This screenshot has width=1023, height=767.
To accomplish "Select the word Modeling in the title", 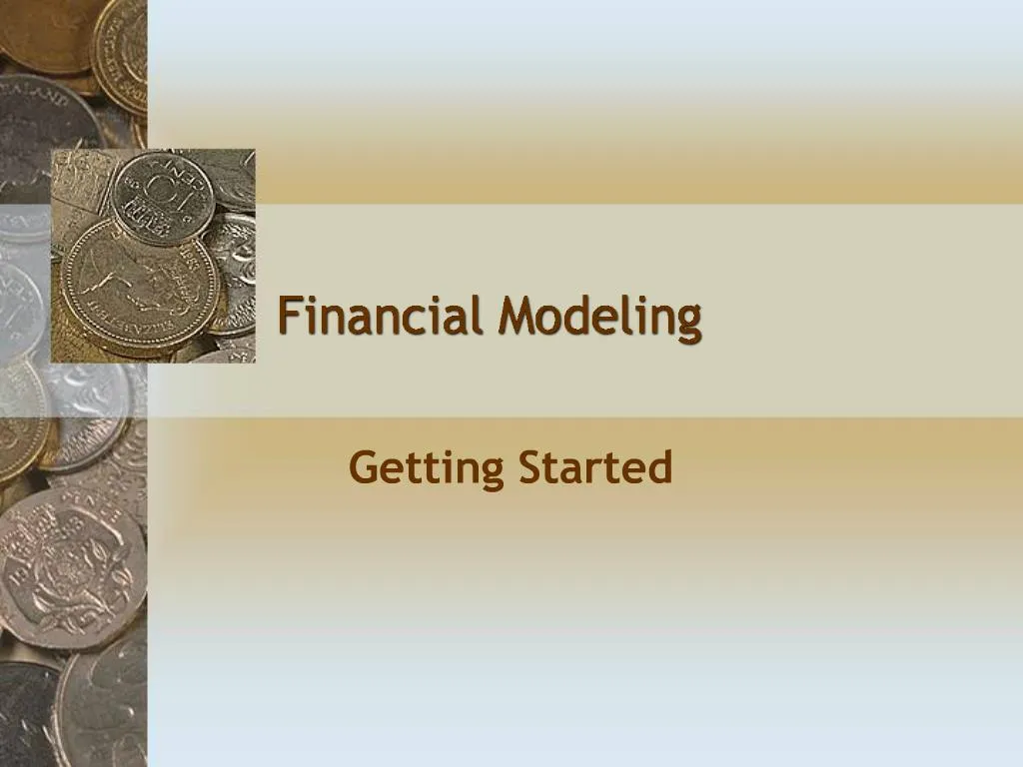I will point(600,319).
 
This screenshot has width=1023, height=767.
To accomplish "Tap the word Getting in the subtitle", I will point(427,468).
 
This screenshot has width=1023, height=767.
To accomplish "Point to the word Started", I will point(594,467).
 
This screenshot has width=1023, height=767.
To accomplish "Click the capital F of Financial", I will point(289,317).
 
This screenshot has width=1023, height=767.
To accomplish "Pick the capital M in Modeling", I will point(519,317).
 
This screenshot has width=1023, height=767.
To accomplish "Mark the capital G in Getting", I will point(363,467).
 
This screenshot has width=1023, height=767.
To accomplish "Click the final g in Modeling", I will point(687,322).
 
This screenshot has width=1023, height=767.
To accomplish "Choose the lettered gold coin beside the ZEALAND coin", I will point(120,45).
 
